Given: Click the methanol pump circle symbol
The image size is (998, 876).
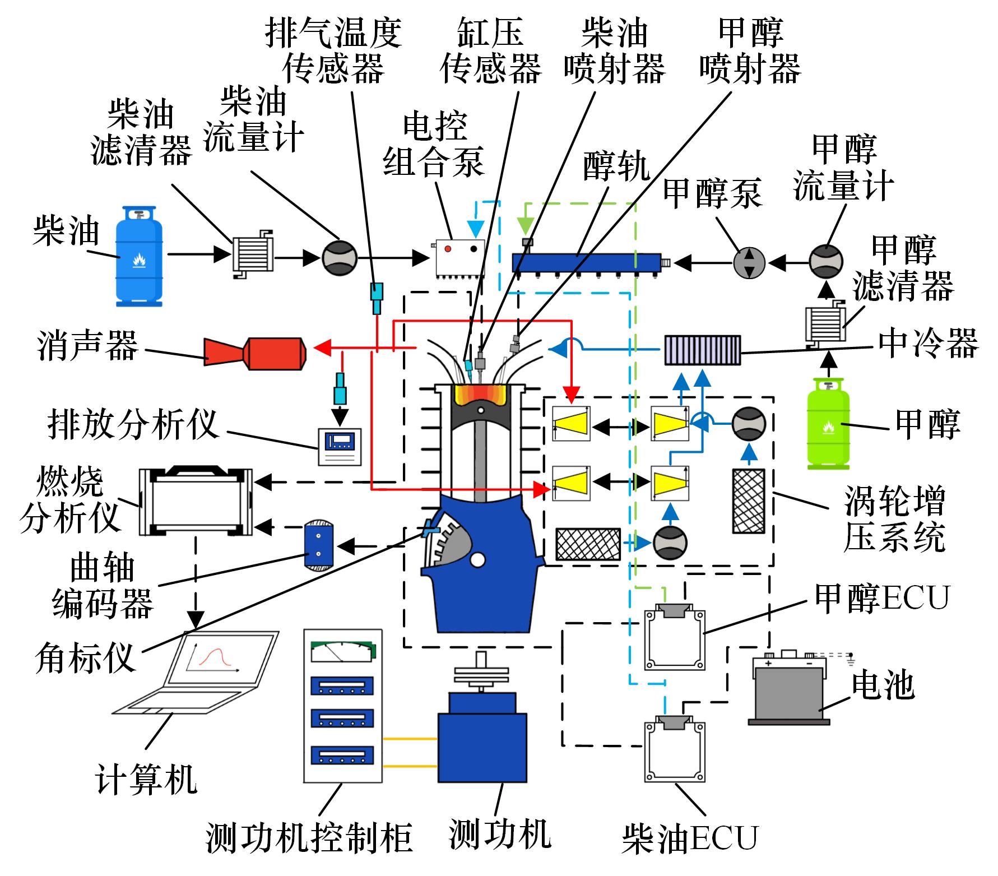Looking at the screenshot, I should coord(749,262).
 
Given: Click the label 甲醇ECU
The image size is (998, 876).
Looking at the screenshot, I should coord(881,598).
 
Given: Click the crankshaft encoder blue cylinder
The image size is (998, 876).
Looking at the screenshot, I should coord(318,544).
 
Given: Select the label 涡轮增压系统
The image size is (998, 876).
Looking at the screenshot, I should coord(894,520).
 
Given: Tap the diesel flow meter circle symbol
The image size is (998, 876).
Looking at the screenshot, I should coord(339,258).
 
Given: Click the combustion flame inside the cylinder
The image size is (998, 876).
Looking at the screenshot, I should coord(481,395).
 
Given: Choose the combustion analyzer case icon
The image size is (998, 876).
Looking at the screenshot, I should coord(195,500).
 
